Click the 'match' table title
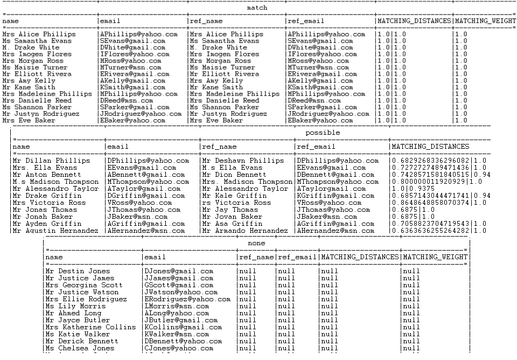tap(257, 8)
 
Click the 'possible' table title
tap(323, 133)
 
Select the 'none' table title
tap(256, 244)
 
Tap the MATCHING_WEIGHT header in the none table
tap(435, 258)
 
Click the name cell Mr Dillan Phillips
tap(51, 161)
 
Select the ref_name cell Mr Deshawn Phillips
tap(243, 161)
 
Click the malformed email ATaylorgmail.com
tap(329, 189)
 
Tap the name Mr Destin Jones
tap(78, 271)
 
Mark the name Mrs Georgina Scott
tap(84, 285)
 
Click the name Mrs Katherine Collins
tap(91, 327)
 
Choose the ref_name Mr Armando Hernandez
tap(245, 231)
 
